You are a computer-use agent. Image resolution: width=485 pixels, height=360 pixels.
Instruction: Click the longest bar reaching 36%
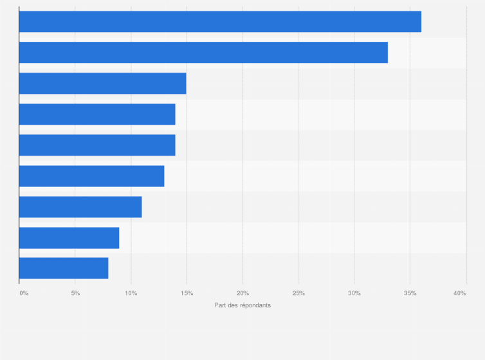tap(220, 22)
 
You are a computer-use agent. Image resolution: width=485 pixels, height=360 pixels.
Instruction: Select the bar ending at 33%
tap(203, 53)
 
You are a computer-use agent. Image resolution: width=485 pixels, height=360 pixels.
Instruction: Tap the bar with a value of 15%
tap(102, 84)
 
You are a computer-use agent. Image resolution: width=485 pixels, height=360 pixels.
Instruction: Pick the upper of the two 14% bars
tap(97, 114)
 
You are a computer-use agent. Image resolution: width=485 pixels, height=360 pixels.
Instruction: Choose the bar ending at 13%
tap(91, 176)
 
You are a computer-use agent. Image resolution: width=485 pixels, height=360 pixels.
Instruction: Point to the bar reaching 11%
tap(80, 207)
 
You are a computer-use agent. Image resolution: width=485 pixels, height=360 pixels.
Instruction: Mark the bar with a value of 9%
tap(69, 238)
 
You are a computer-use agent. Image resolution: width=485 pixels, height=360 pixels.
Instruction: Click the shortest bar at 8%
tap(64, 268)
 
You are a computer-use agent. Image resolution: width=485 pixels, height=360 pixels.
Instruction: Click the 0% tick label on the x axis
tap(24, 293)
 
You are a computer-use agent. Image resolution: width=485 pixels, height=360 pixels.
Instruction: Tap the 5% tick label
tap(75, 293)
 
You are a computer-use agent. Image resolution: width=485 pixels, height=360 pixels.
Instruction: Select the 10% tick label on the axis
tap(131, 293)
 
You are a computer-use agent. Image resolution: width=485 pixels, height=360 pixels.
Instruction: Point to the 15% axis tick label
tap(187, 293)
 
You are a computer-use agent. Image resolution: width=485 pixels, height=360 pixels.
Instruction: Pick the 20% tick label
tap(243, 293)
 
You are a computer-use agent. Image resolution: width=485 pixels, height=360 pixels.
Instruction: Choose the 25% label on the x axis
tap(298, 293)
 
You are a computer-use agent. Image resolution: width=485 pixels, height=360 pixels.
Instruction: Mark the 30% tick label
tap(354, 293)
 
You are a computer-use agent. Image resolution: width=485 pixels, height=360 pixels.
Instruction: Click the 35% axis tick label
tap(410, 293)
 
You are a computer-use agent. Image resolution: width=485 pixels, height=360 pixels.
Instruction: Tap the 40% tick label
tap(459, 293)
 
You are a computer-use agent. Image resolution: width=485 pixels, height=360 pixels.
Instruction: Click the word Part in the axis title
tap(220, 305)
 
